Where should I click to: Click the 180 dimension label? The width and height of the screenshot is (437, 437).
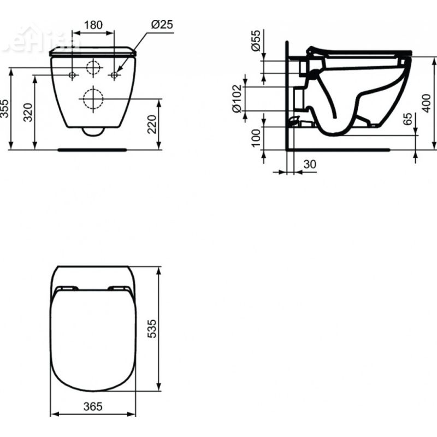[x=93, y=25]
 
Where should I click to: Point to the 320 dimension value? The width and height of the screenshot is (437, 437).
[x=29, y=111]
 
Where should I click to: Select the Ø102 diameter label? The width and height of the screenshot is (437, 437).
[x=237, y=98]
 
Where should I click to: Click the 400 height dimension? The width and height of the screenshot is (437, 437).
[x=427, y=102]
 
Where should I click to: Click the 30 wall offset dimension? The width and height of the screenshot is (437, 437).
[x=309, y=164]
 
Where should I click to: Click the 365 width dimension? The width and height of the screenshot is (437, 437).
[x=93, y=406]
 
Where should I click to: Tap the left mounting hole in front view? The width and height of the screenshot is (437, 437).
[x=73, y=75]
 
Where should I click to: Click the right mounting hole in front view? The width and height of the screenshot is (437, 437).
[x=114, y=75]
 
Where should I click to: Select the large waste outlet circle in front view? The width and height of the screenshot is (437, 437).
[x=93, y=99]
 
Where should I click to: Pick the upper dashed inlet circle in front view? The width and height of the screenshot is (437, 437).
[x=94, y=67]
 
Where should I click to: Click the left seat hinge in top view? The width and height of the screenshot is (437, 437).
[x=67, y=288]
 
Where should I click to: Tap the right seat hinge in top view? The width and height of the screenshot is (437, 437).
[x=119, y=288]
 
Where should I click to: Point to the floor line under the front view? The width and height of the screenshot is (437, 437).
[x=93, y=148]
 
